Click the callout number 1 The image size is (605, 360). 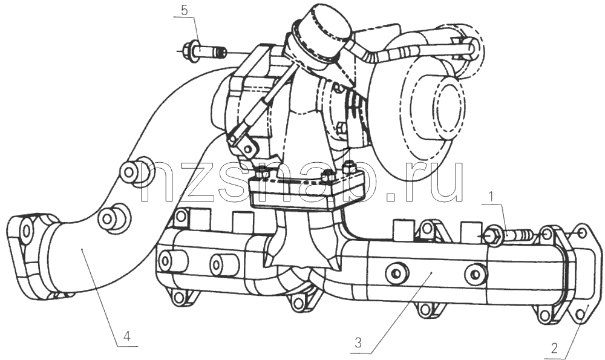[x=491, y=197]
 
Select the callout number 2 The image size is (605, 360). [x=554, y=349]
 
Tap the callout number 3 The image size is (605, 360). [x=358, y=342]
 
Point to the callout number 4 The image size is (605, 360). [x=126, y=326]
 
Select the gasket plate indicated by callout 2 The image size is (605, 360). [x=579, y=274]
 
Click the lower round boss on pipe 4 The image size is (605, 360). [x=113, y=217]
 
